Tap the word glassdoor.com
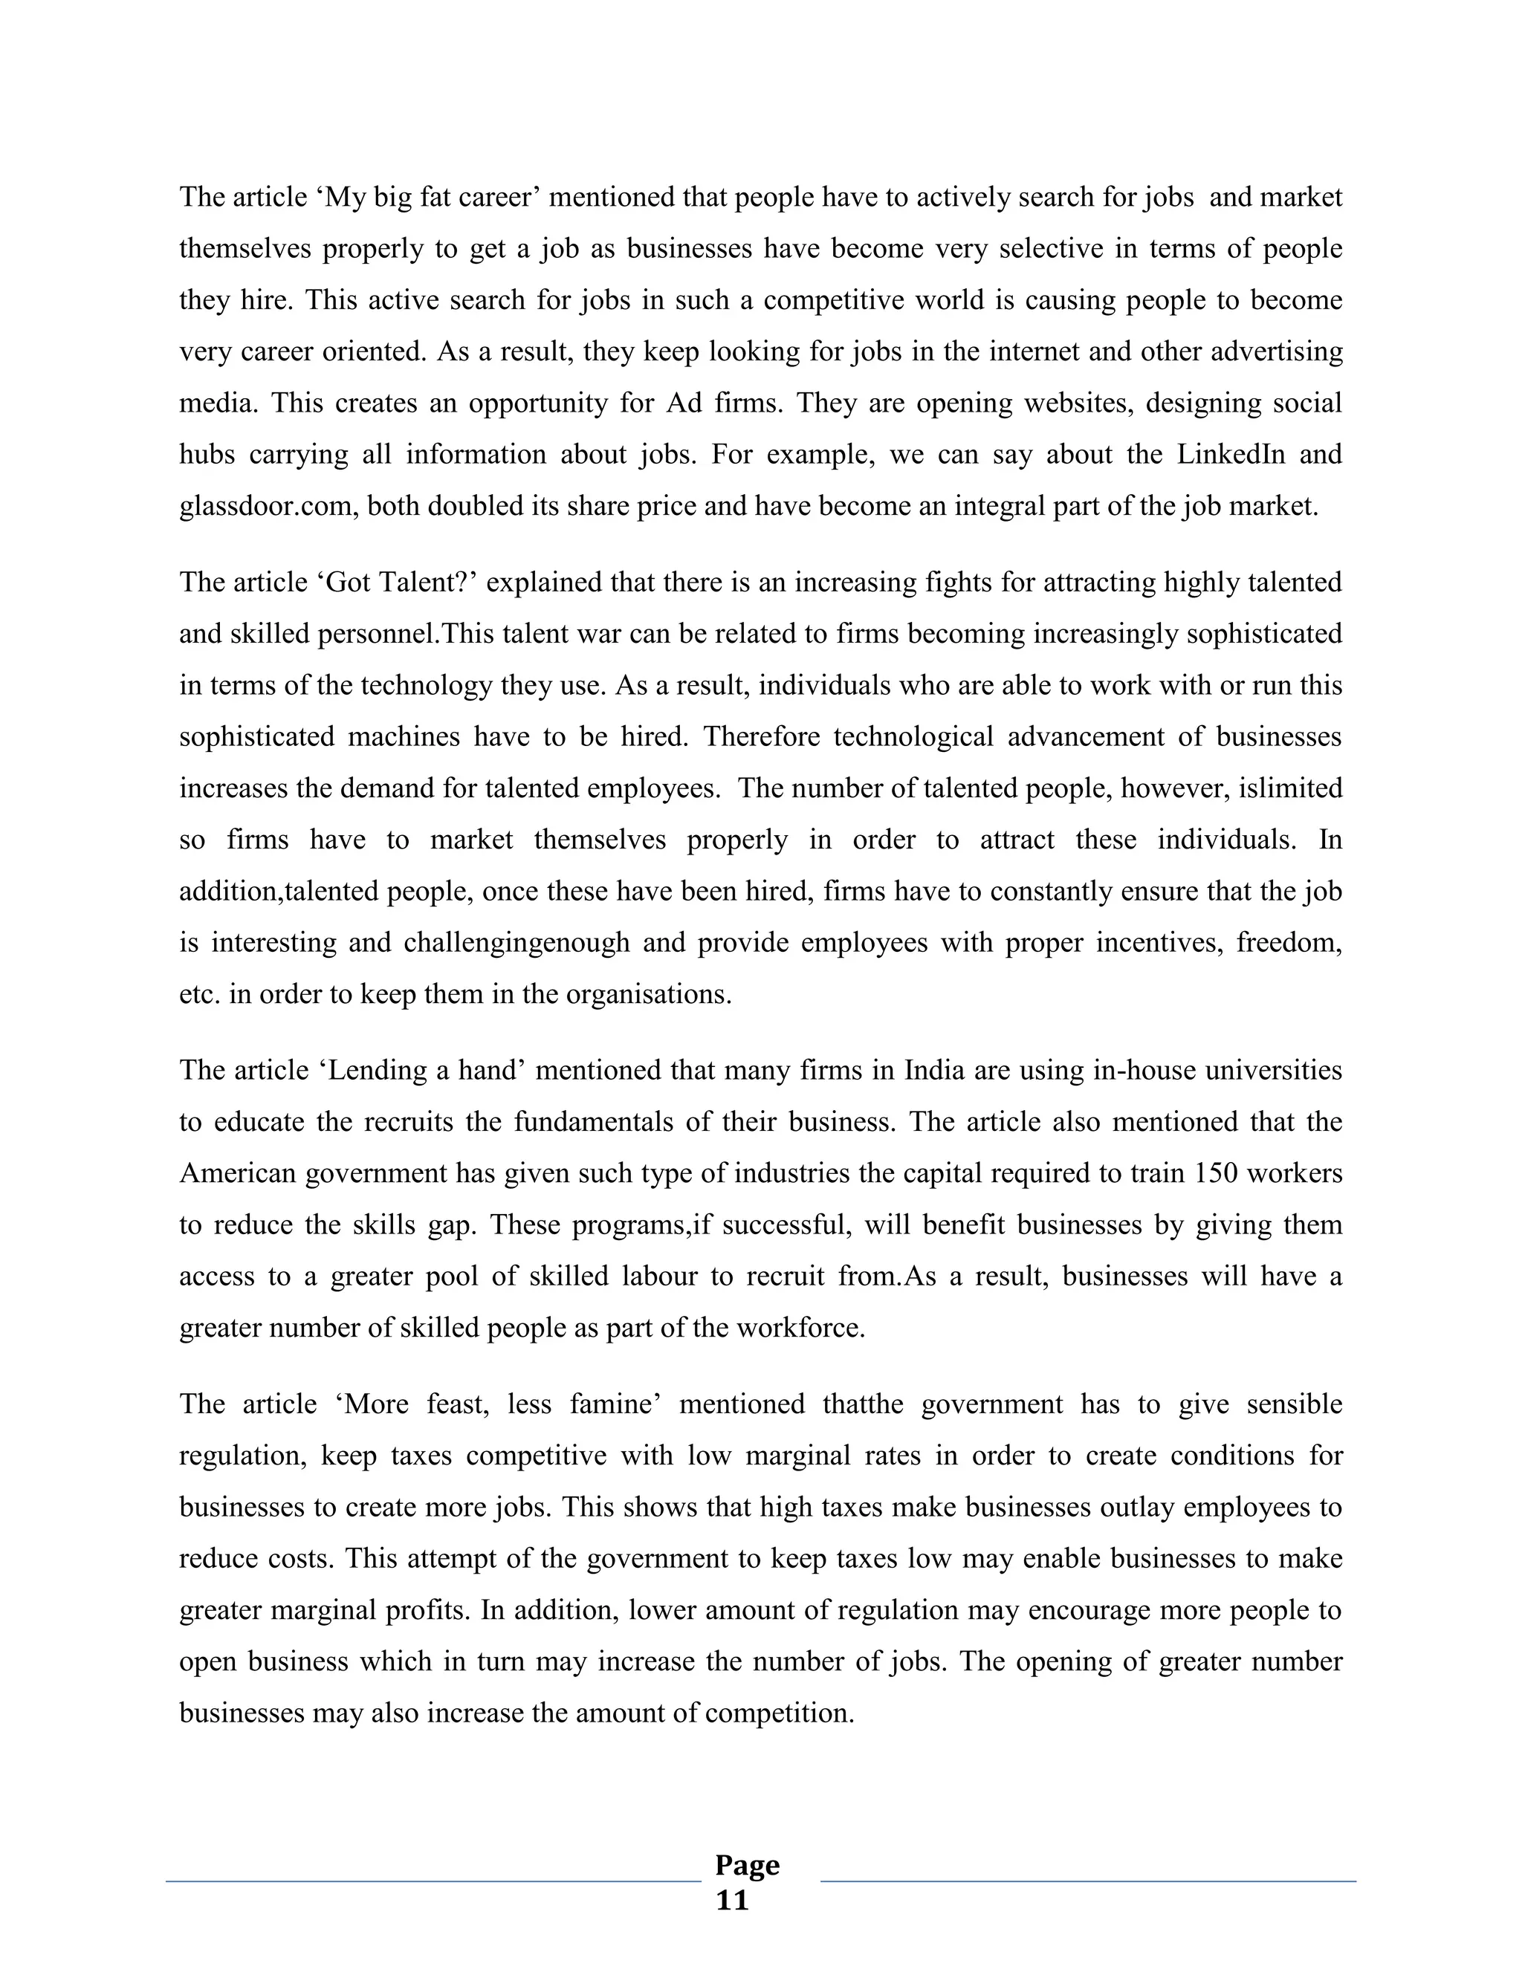coord(259,506)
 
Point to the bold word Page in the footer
coord(747,1864)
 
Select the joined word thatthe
coord(863,1404)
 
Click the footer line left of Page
coord(433,1881)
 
